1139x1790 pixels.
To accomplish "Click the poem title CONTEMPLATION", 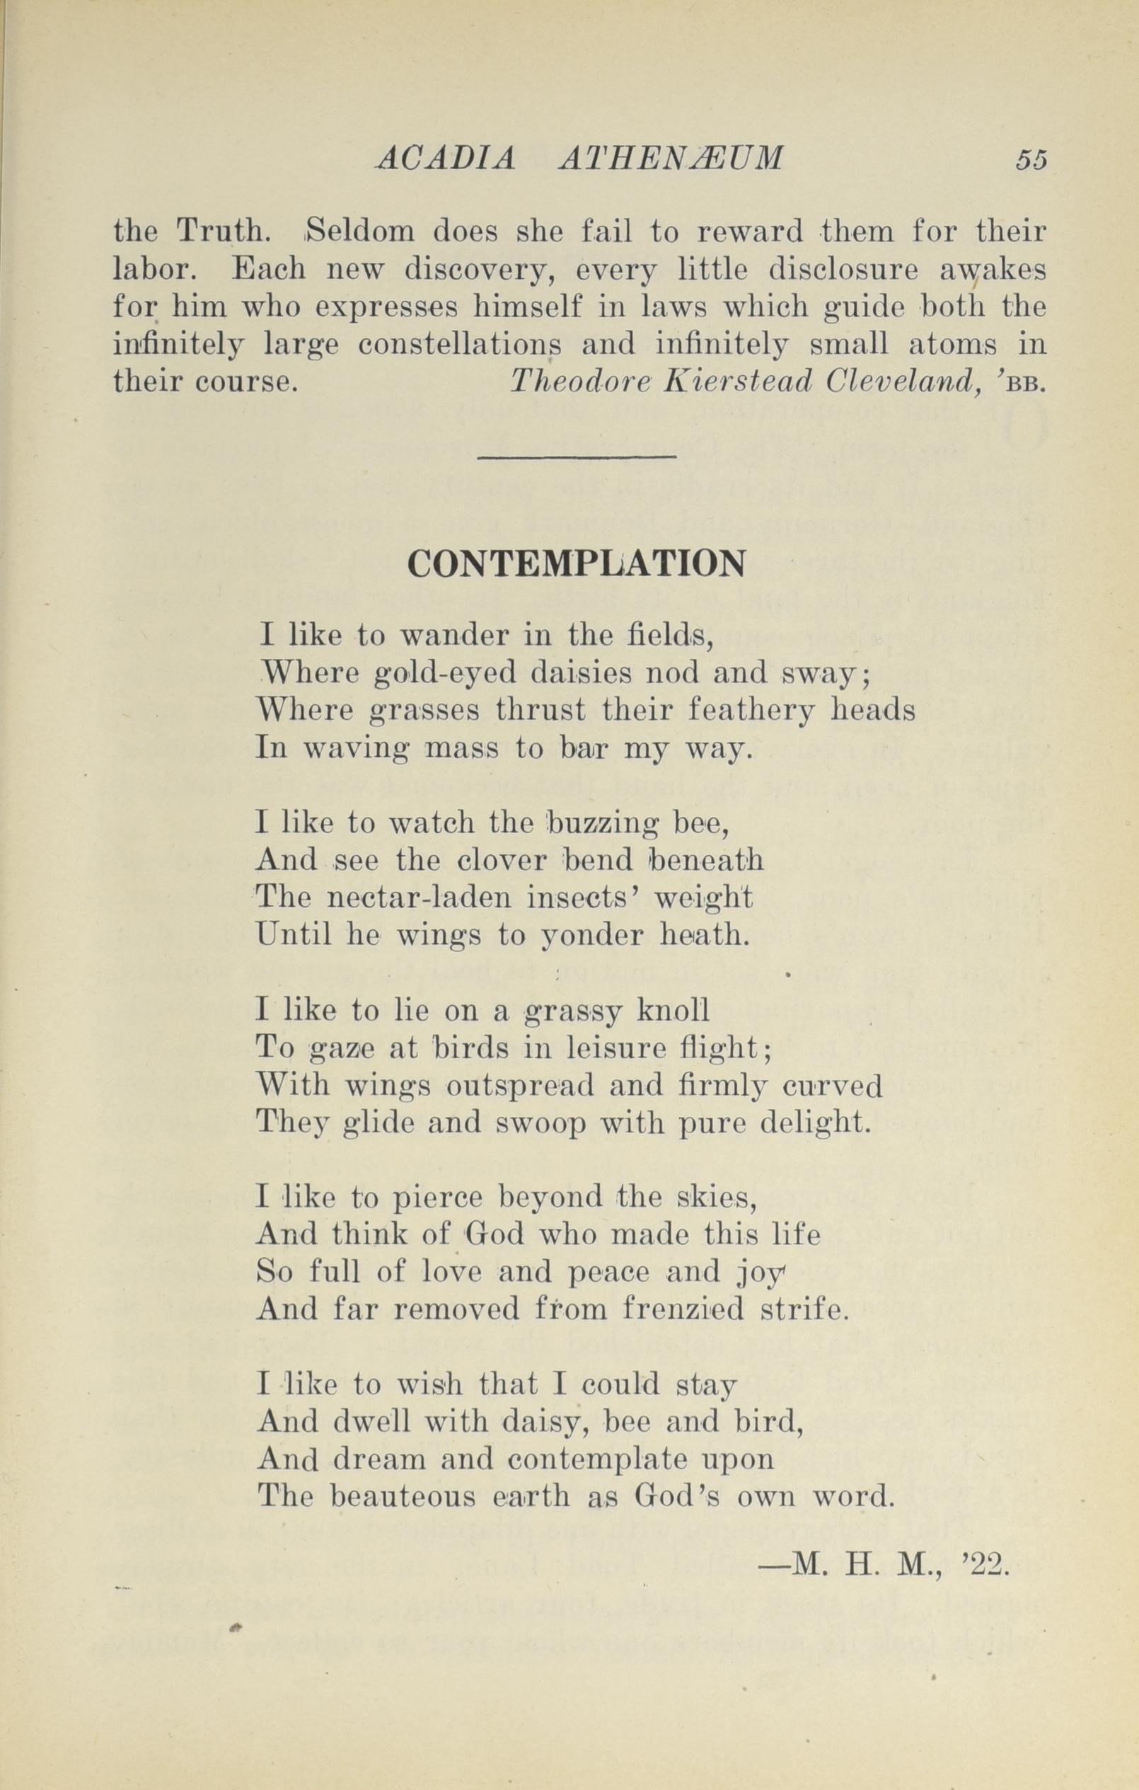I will tap(576, 564).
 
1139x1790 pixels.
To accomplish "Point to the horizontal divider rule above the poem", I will tap(577, 457).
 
